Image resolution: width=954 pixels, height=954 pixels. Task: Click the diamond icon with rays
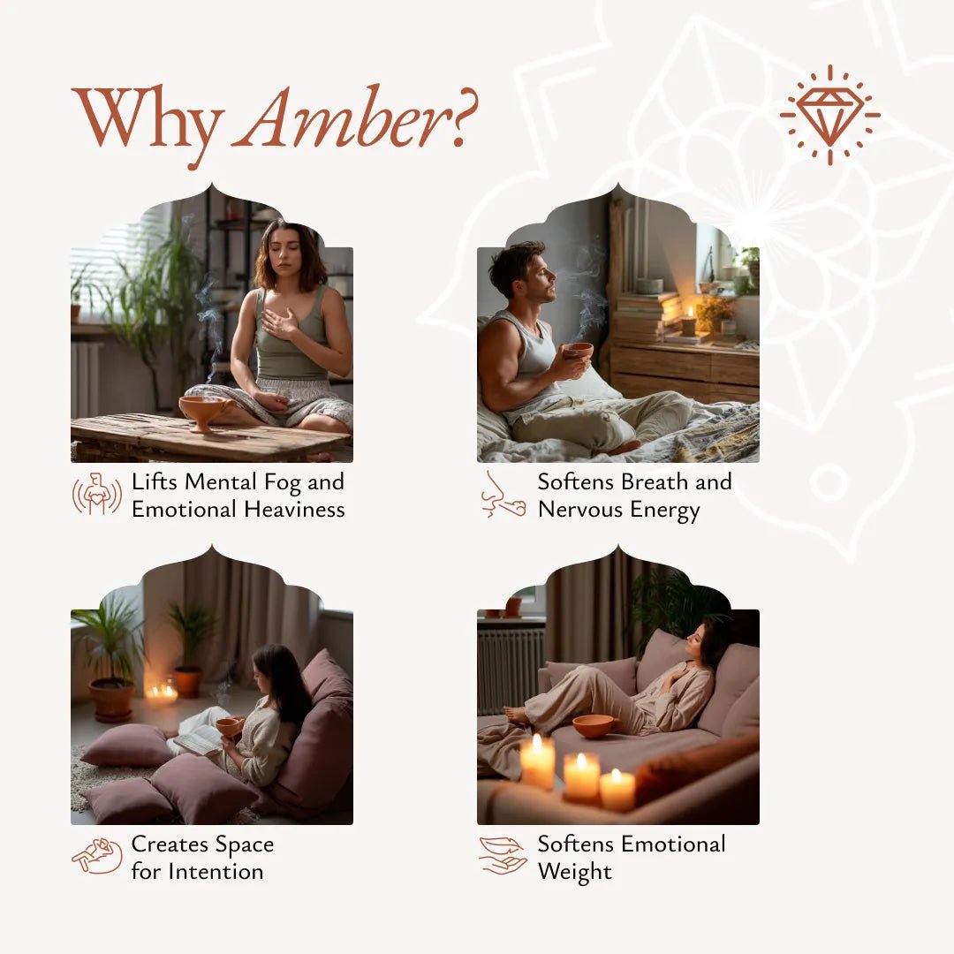click(829, 114)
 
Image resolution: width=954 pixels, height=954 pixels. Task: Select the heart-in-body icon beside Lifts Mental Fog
click(97, 494)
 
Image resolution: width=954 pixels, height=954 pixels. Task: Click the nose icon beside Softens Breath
click(503, 494)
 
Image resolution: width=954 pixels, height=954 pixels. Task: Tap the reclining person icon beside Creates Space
click(97, 856)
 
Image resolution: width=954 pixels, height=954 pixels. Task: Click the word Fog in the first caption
click(283, 483)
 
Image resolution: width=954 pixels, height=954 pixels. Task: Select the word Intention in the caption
click(216, 871)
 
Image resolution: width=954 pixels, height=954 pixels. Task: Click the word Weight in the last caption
click(574, 872)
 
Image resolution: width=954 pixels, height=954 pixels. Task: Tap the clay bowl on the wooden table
click(205, 412)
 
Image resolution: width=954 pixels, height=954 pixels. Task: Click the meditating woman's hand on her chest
click(279, 322)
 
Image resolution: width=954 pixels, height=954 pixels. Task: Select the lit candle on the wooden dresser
click(688, 323)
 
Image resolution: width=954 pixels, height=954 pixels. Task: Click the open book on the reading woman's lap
click(198, 738)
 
